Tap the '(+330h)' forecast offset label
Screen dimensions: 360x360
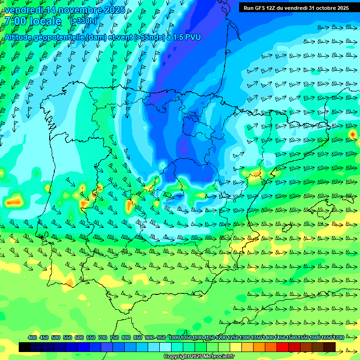[83, 21]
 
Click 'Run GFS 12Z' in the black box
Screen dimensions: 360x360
[261, 8]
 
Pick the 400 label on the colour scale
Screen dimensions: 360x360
[32, 337]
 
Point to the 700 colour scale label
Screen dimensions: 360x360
[103, 337]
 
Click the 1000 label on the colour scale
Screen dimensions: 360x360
[174, 337]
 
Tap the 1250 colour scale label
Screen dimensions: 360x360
[233, 337]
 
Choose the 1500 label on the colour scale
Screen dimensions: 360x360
[292, 337]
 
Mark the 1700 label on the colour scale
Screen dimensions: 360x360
[338, 337]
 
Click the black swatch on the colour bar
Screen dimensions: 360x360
[25, 347]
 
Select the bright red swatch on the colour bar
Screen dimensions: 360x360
[282, 347]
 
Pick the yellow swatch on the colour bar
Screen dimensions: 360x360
[235, 347]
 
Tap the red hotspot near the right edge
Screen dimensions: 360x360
[352, 135]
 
